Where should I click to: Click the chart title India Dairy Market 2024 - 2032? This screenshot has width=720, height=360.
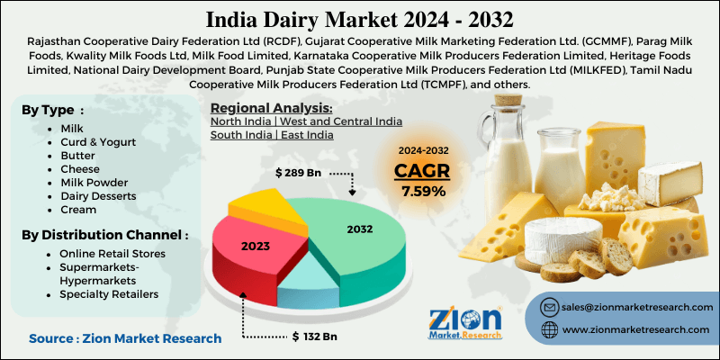coord(360,18)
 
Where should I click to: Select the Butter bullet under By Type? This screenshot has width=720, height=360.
coord(77,157)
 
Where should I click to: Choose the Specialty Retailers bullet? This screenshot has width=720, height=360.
coord(109,293)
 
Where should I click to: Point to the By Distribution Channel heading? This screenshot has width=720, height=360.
coord(104,235)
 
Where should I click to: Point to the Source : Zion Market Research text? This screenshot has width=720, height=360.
coord(125,337)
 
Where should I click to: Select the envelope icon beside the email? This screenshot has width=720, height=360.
coord(549,307)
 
